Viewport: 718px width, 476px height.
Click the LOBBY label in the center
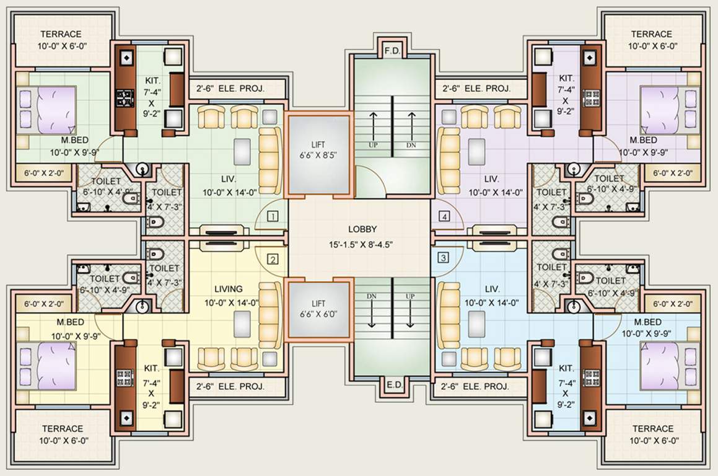click(362, 229)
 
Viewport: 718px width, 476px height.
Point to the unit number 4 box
click(444, 216)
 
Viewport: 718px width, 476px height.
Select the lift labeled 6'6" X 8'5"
click(318, 150)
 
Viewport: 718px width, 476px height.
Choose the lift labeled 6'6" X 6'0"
click(318, 309)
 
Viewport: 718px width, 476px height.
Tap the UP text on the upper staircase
click(374, 144)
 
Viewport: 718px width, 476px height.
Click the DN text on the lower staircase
click(372, 296)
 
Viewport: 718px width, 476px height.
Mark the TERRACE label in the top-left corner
click(61, 34)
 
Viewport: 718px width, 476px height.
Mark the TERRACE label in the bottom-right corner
click(653, 429)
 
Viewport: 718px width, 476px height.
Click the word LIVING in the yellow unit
click(228, 289)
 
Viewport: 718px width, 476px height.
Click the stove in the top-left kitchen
click(125, 97)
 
